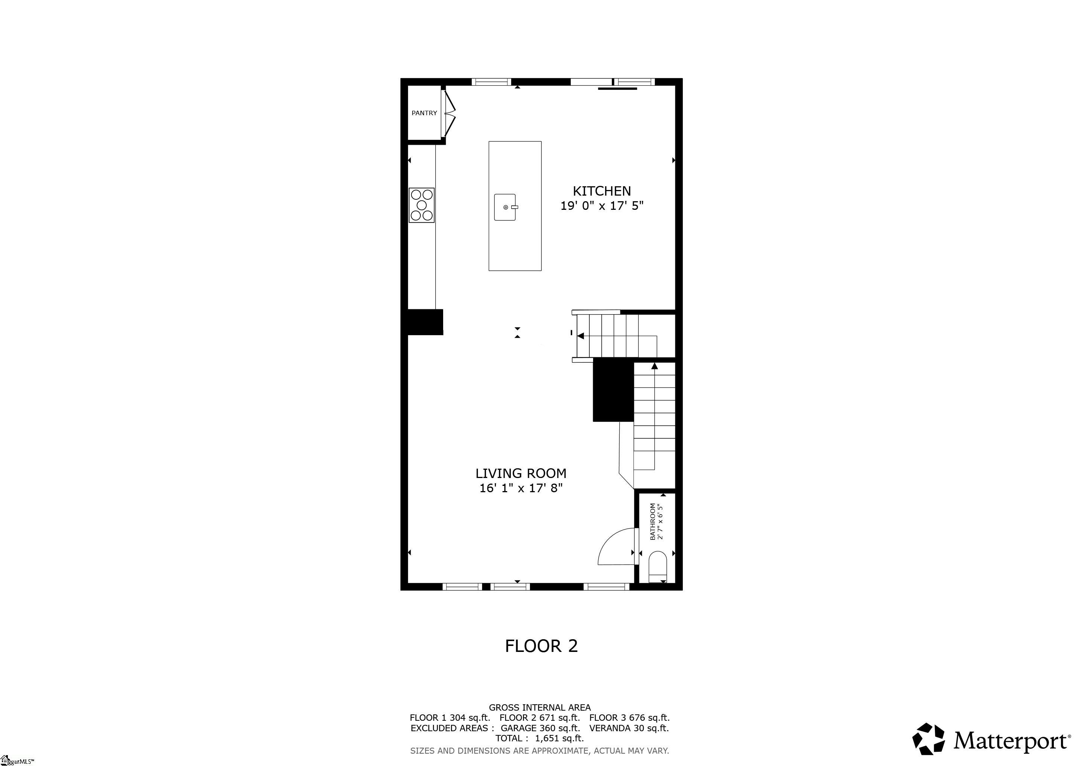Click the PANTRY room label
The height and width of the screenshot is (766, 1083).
(x=424, y=113)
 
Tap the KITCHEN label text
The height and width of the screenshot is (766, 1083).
(x=601, y=191)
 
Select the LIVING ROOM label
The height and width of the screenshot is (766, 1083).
(x=521, y=474)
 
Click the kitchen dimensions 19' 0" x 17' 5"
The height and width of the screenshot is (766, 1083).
(x=601, y=206)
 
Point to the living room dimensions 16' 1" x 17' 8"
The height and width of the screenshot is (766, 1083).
(x=521, y=488)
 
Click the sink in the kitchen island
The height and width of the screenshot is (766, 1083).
(x=505, y=207)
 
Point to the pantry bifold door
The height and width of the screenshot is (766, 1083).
(x=449, y=113)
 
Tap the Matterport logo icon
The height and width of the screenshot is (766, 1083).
(x=928, y=739)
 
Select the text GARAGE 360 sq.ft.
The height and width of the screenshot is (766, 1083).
(x=540, y=728)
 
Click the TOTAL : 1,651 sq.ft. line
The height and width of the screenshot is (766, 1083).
(x=540, y=738)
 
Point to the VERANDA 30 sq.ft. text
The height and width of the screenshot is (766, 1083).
(x=629, y=728)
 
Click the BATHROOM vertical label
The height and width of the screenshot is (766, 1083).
(x=653, y=522)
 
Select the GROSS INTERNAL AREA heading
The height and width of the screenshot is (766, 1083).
(x=540, y=708)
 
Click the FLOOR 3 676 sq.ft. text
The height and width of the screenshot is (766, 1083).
(x=629, y=718)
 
